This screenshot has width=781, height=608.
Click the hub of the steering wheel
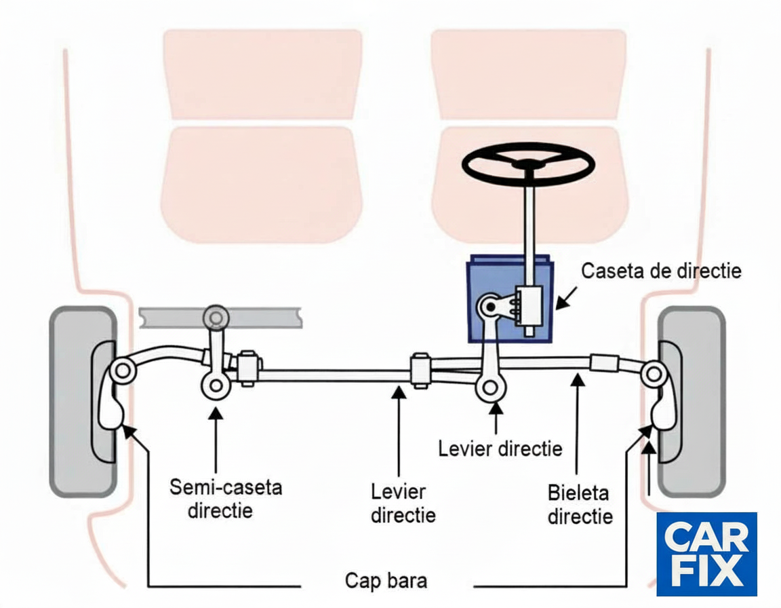[x=528, y=165]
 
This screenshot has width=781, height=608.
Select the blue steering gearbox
[x=510, y=299]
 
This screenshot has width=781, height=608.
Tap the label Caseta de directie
[x=661, y=271]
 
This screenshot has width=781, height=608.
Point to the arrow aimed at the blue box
[x=566, y=297]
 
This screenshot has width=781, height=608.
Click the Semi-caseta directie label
[x=226, y=499]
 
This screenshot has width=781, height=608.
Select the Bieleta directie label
[x=580, y=504]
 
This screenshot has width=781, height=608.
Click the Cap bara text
[x=386, y=581]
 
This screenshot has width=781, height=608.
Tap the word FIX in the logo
[x=706, y=571]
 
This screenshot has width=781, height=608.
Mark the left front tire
[x=83, y=402]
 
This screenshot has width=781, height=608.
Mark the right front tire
[x=692, y=402]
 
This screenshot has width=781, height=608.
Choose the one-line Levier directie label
[x=500, y=449]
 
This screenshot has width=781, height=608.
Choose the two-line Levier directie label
[x=403, y=503]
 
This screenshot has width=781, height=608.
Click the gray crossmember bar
[x=220, y=318]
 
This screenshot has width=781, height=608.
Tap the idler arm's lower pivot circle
[x=216, y=385]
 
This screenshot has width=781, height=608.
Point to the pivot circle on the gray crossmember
[x=216, y=318]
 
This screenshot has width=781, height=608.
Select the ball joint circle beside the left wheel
[x=123, y=371]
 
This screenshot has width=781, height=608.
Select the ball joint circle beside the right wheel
[x=654, y=375]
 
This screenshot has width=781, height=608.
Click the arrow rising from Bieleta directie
[x=578, y=424]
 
